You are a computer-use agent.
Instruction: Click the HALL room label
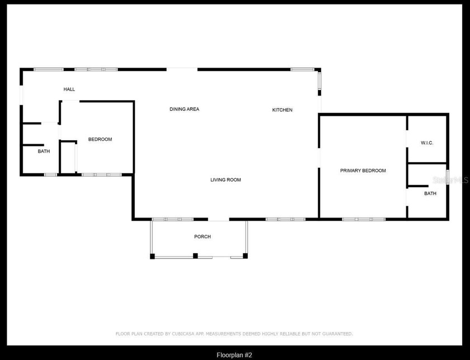69,89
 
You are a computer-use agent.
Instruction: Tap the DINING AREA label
184,110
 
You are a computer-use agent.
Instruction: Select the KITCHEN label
282,110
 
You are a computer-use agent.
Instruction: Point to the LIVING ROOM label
225,180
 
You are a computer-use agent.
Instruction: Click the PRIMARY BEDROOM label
363,170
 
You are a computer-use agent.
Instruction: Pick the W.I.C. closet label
427,143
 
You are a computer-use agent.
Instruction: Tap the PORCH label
203,237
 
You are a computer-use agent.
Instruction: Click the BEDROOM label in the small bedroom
100,139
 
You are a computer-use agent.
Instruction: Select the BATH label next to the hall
44,151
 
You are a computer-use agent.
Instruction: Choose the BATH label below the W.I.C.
430,194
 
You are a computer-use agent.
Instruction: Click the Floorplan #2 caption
234,355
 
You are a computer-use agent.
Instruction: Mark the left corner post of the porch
152,256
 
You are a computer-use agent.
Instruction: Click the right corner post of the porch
245,256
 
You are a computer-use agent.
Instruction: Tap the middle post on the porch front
195,256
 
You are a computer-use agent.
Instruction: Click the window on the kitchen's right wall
320,80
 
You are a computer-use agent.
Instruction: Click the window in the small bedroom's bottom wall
101,175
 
